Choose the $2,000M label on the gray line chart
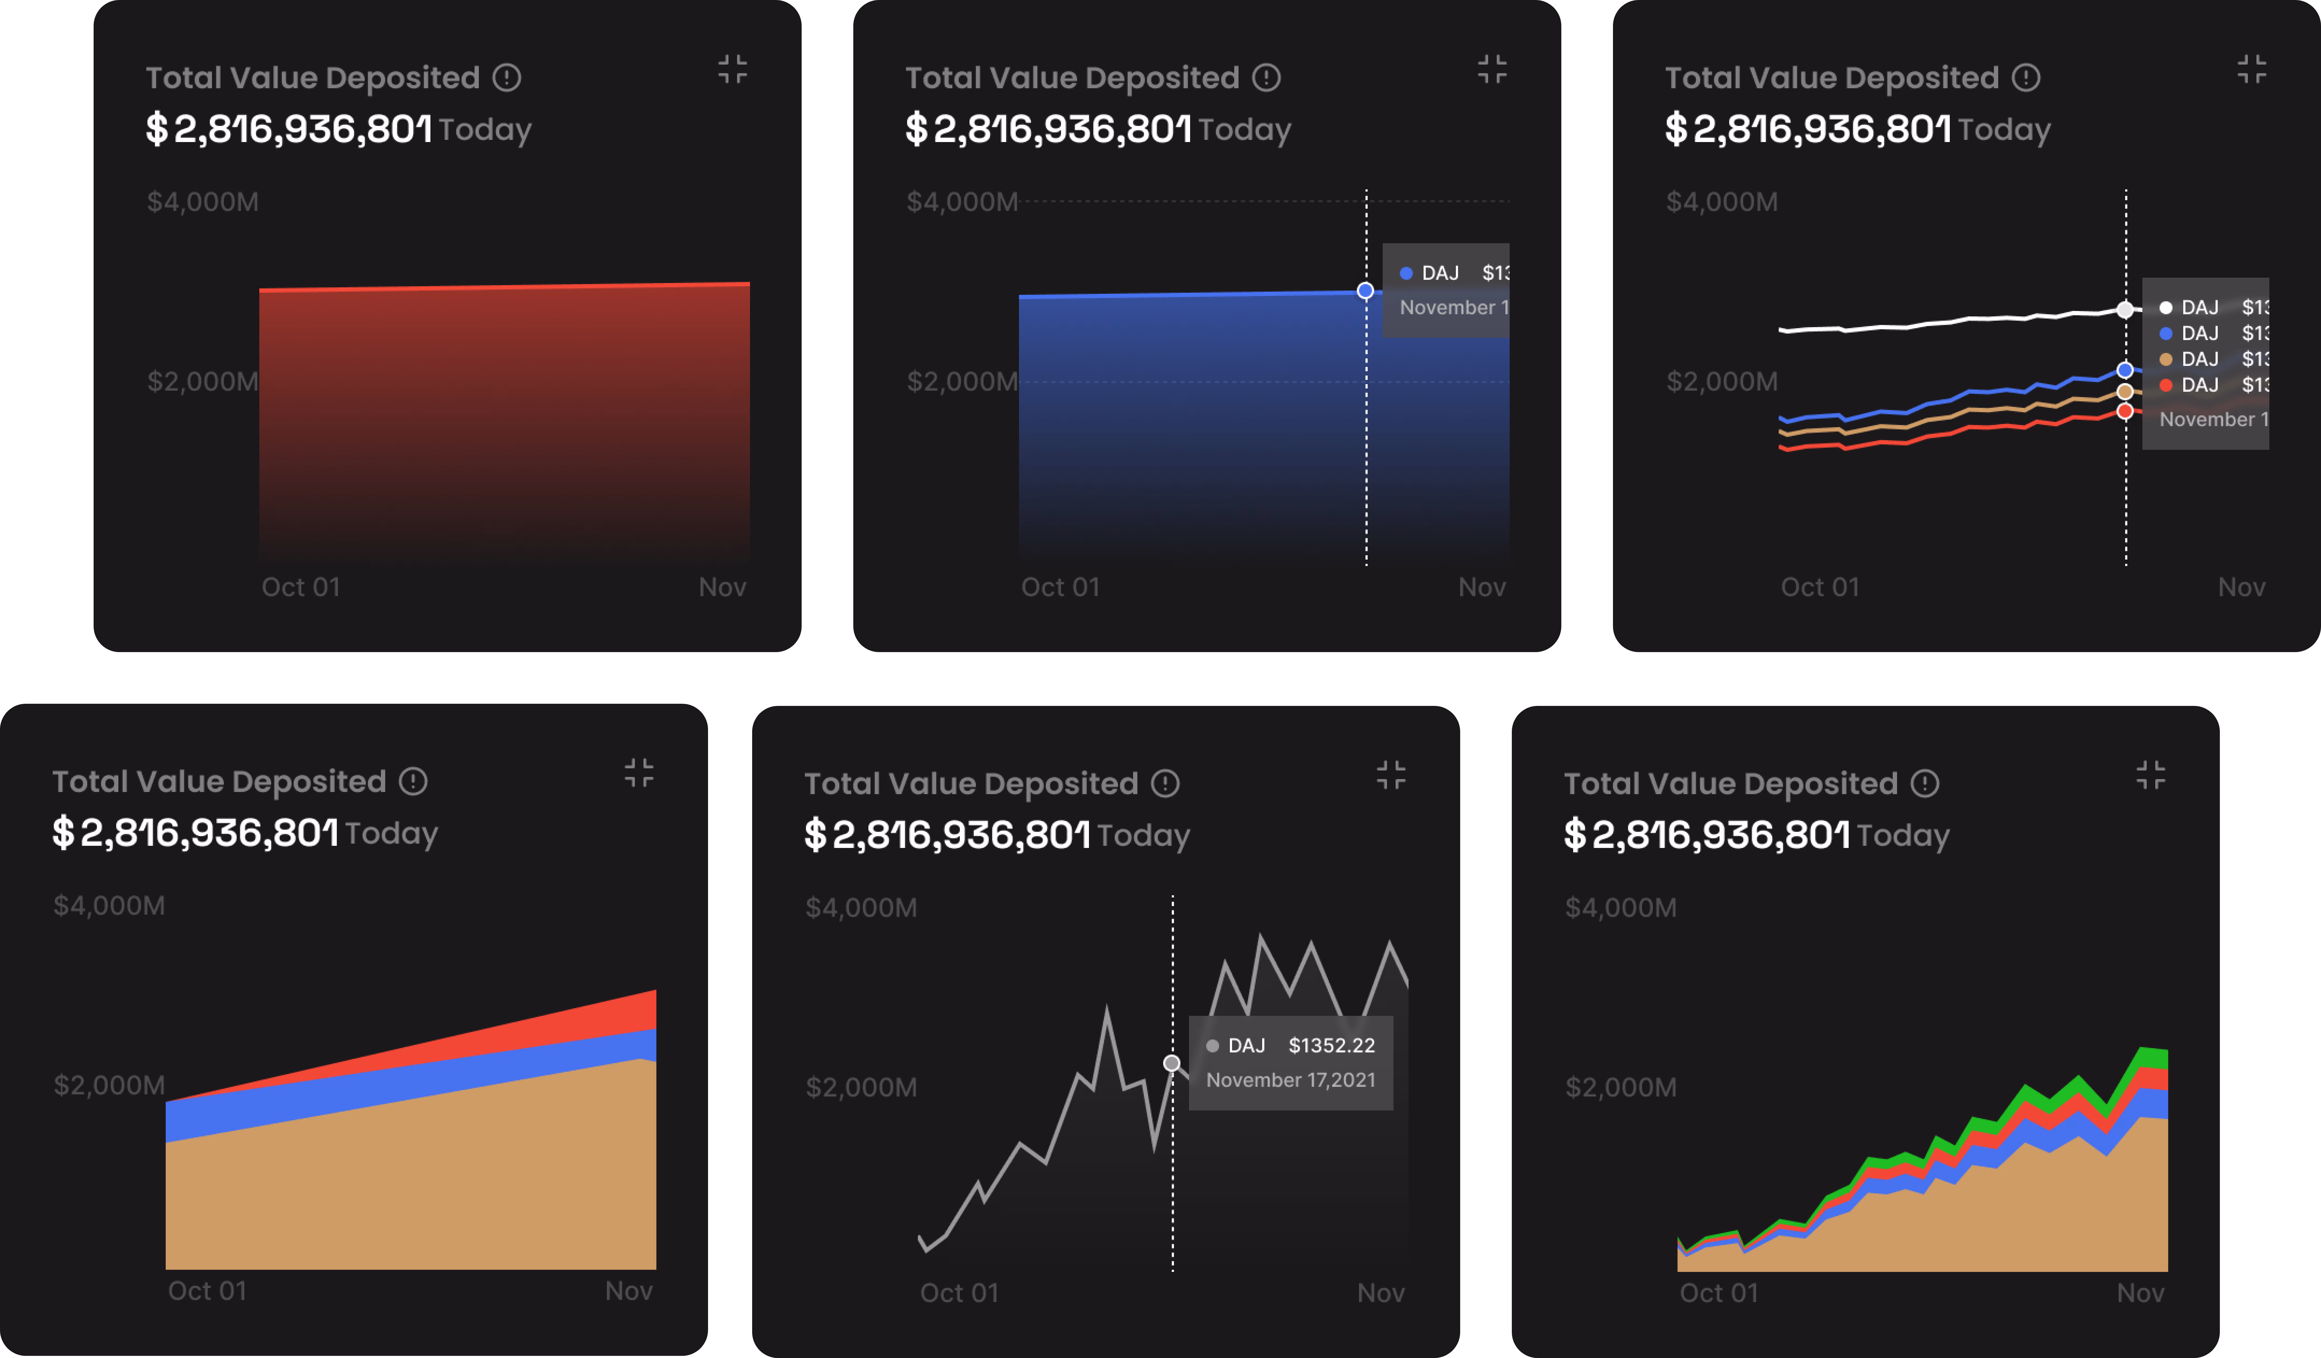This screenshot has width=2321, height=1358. coord(861,1087)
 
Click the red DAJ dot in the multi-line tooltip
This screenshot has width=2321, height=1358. coord(2166,385)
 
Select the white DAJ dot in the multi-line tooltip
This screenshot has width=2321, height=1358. coord(2166,308)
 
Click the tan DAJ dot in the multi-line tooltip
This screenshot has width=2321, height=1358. coord(2166,359)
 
